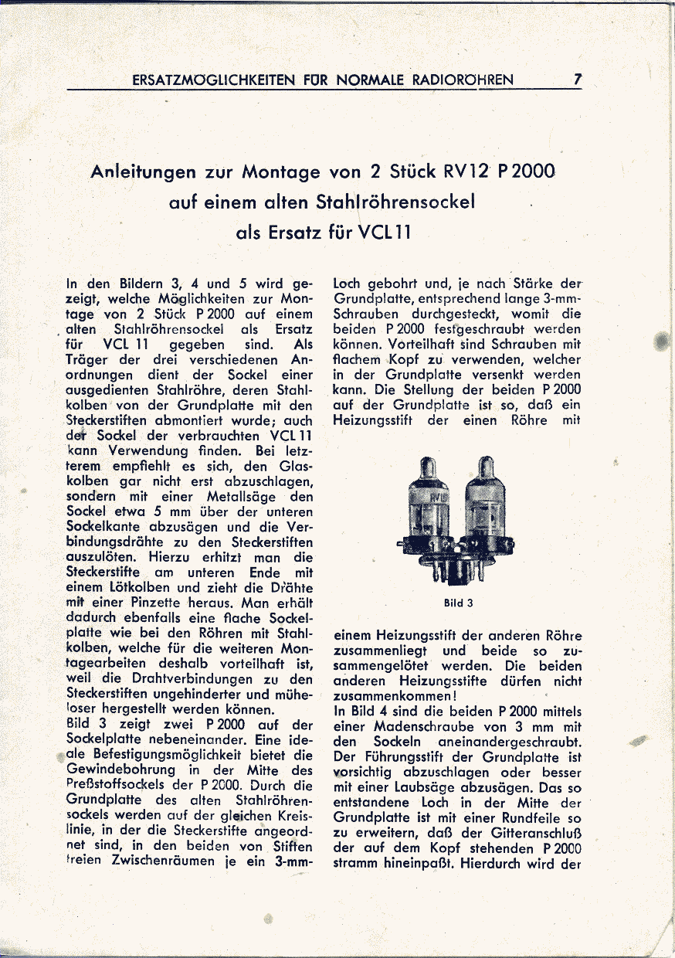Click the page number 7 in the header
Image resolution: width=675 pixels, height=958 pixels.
[x=578, y=79]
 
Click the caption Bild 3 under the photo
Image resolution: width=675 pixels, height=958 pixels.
[x=458, y=603]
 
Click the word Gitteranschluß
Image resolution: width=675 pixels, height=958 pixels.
[x=528, y=833]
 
